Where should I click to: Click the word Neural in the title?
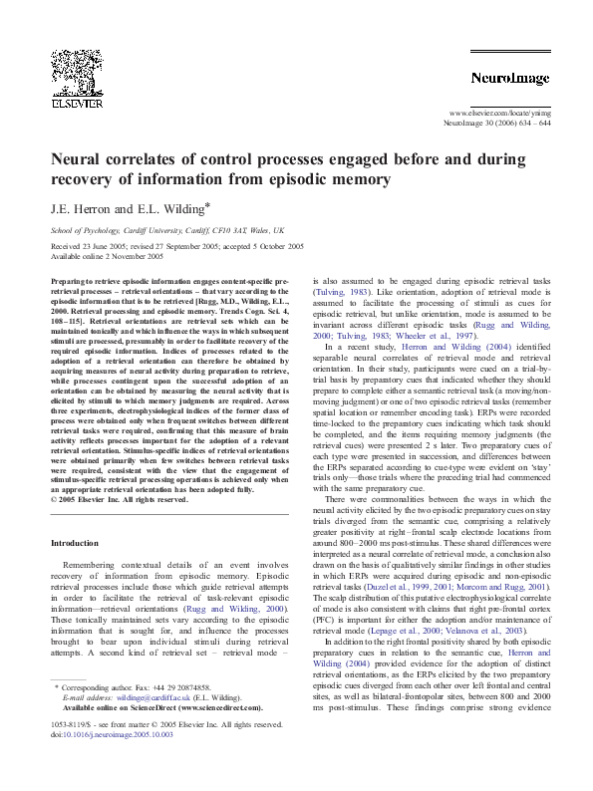80,157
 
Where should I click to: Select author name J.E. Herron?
76,211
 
